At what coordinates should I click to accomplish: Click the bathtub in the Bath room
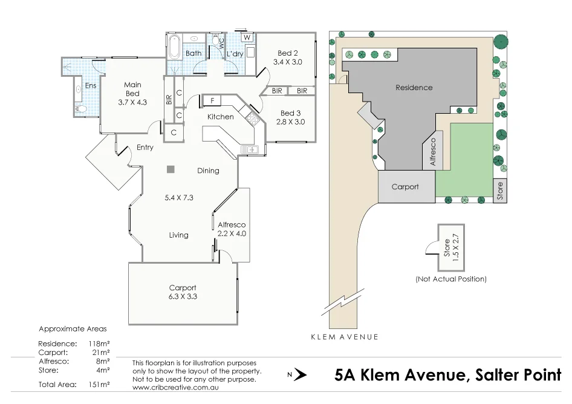point(174,47)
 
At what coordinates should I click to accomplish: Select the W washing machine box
point(247,37)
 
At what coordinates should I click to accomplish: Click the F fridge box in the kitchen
point(213,100)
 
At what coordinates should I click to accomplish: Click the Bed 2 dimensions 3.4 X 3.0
point(288,62)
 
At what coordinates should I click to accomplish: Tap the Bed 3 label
point(290,113)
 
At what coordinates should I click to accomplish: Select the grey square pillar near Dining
point(171,169)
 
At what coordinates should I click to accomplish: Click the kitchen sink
point(249,149)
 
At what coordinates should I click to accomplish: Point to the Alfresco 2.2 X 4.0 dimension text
point(232,233)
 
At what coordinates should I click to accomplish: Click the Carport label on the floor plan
point(183,288)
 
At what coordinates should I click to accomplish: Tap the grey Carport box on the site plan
point(406,187)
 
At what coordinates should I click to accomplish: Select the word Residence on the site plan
point(414,88)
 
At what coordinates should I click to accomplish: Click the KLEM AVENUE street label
point(345,337)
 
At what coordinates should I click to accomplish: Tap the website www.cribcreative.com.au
point(175,387)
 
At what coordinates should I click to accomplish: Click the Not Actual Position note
point(451,279)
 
